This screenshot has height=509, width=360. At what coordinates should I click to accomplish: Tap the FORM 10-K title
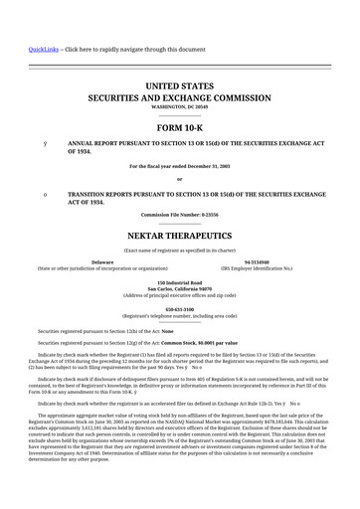[x=180, y=127]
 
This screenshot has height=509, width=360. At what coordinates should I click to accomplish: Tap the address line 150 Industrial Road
[x=180, y=282]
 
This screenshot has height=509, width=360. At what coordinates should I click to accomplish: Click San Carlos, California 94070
[x=180, y=289]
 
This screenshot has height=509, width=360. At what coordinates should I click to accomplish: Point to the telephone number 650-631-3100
[x=180, y=309]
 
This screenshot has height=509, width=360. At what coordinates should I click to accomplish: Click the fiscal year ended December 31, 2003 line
[x=180, y=166]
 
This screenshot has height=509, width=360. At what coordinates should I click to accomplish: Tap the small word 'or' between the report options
[x=180, y=179]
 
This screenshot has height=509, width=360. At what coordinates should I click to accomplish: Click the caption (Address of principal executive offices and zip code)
[x=180, y=296]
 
